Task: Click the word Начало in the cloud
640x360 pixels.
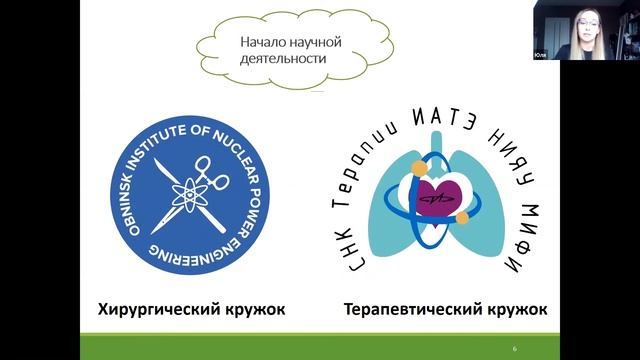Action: coord(262,43)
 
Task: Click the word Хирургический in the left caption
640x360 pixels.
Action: coord(152,308)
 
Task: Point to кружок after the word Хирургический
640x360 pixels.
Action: coord(250,308)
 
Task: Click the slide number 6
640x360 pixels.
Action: coord(514,348)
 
